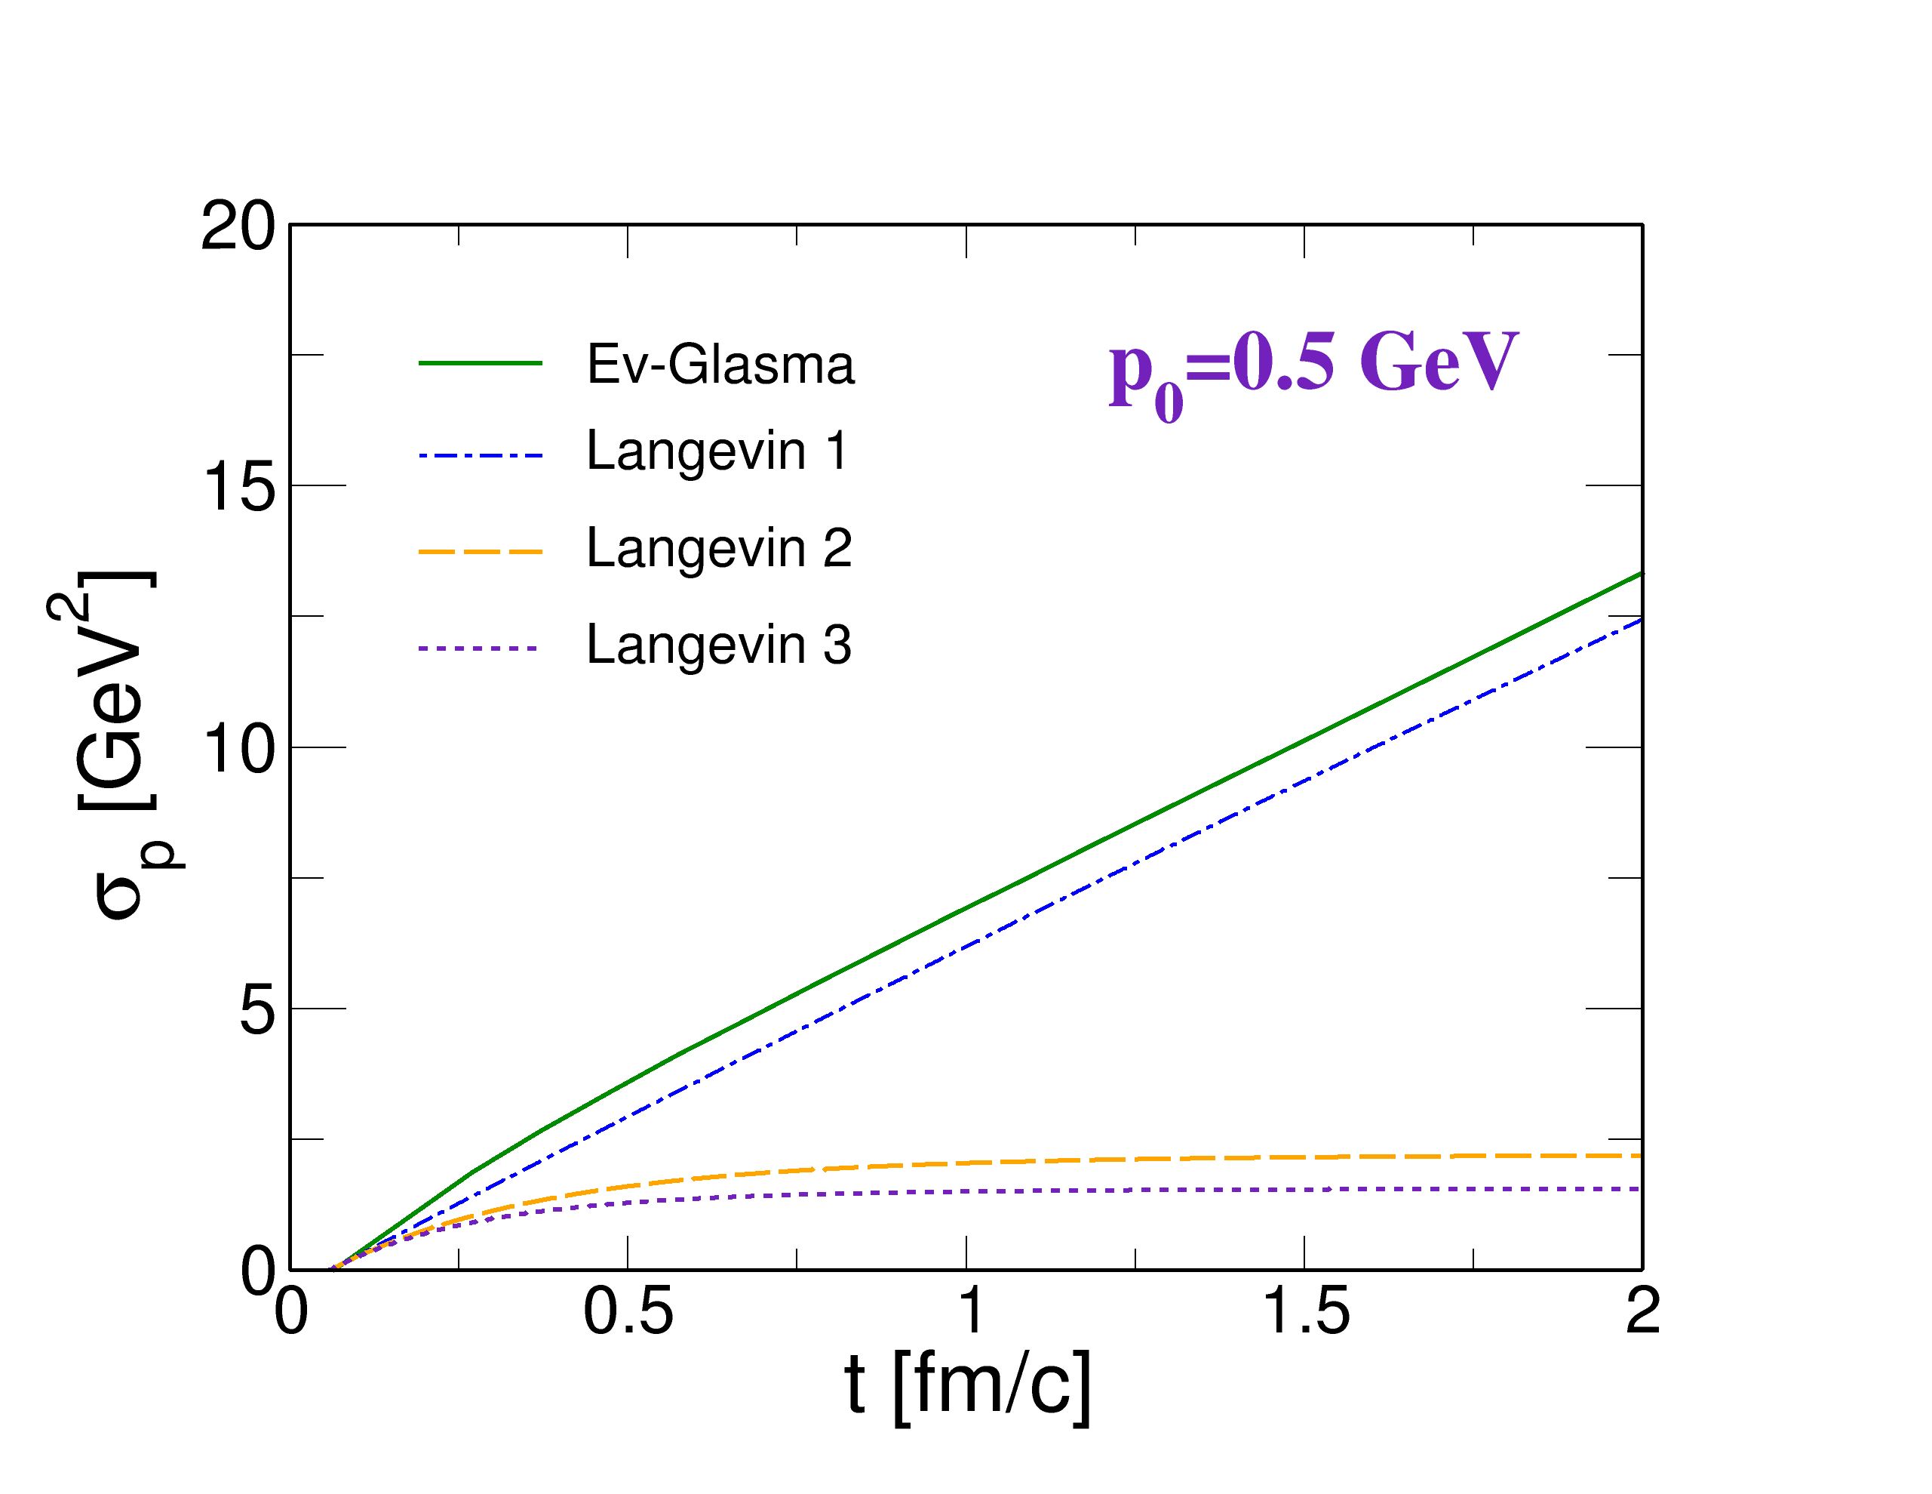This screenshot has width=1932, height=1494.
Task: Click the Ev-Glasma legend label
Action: click(720, 364)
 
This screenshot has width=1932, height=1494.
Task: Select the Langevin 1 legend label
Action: click(717, 453)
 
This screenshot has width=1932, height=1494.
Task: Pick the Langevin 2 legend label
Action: click(718, 549)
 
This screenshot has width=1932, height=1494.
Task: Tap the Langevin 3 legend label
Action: click(718, 645)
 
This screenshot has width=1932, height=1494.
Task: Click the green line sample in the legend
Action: click(480, 363)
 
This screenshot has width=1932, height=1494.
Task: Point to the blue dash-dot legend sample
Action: click(480, 456)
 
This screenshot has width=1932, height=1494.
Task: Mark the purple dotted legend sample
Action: click(478, 648)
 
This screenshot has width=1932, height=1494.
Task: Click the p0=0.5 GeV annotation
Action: click(1313, 370)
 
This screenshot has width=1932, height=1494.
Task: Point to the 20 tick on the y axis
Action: click(238, 226)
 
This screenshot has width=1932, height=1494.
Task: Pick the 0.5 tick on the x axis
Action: click(628, 1310)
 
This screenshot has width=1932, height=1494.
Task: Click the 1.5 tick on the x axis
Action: click(1307, 1310)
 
